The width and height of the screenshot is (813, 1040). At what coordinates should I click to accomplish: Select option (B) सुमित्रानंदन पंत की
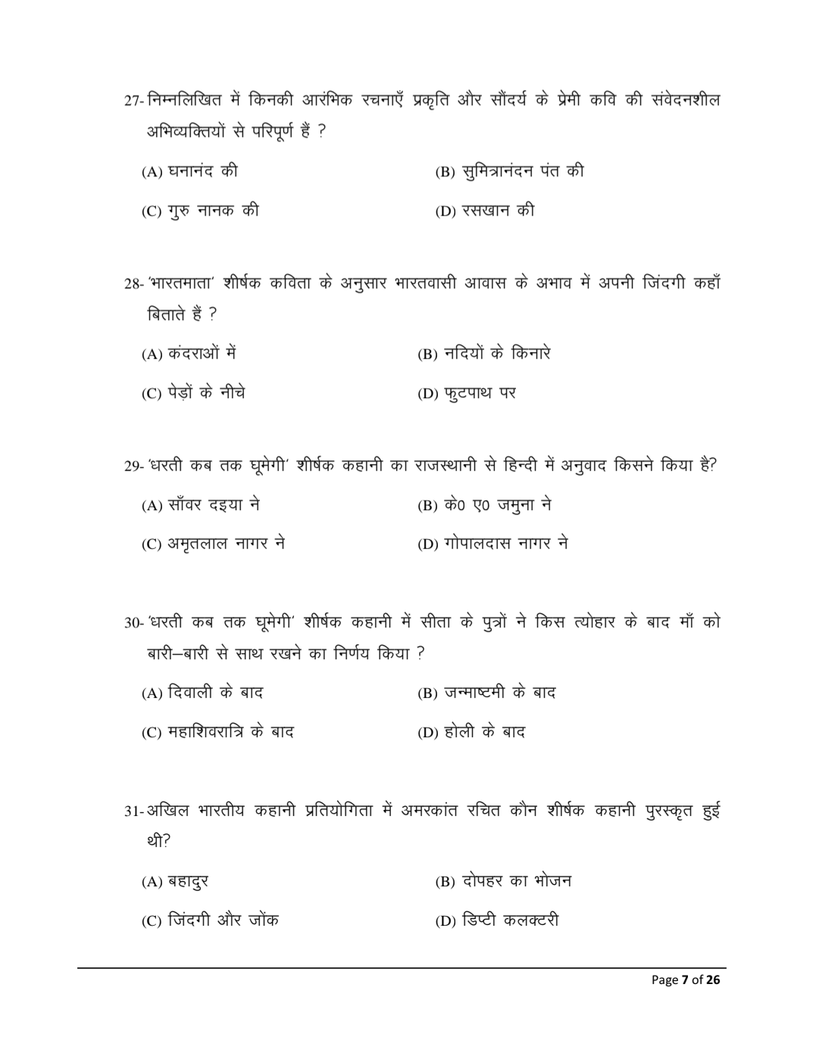pos(508,172)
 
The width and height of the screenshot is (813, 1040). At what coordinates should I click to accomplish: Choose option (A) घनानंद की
pos(189,172)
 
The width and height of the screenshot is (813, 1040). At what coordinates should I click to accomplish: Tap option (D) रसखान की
pos(484,211)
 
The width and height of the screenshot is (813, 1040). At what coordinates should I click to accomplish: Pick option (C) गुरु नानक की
pos(200,211)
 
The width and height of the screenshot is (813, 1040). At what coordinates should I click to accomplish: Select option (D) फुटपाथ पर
pos(467,394)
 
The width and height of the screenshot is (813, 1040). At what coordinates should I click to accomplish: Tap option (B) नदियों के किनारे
pos(483,353)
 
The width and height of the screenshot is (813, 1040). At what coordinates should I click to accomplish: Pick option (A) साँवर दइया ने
pos(201,505)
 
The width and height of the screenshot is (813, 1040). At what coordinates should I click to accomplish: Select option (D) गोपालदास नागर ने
pos(492,544)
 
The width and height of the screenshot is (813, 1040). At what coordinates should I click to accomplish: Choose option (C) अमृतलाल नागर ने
pos(213,544)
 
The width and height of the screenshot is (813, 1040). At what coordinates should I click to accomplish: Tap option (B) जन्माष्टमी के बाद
pos(486,693)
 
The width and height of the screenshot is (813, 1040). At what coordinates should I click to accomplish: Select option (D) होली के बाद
pos(471,732)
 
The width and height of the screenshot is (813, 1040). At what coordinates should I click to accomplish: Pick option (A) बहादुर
pos(175,882)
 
